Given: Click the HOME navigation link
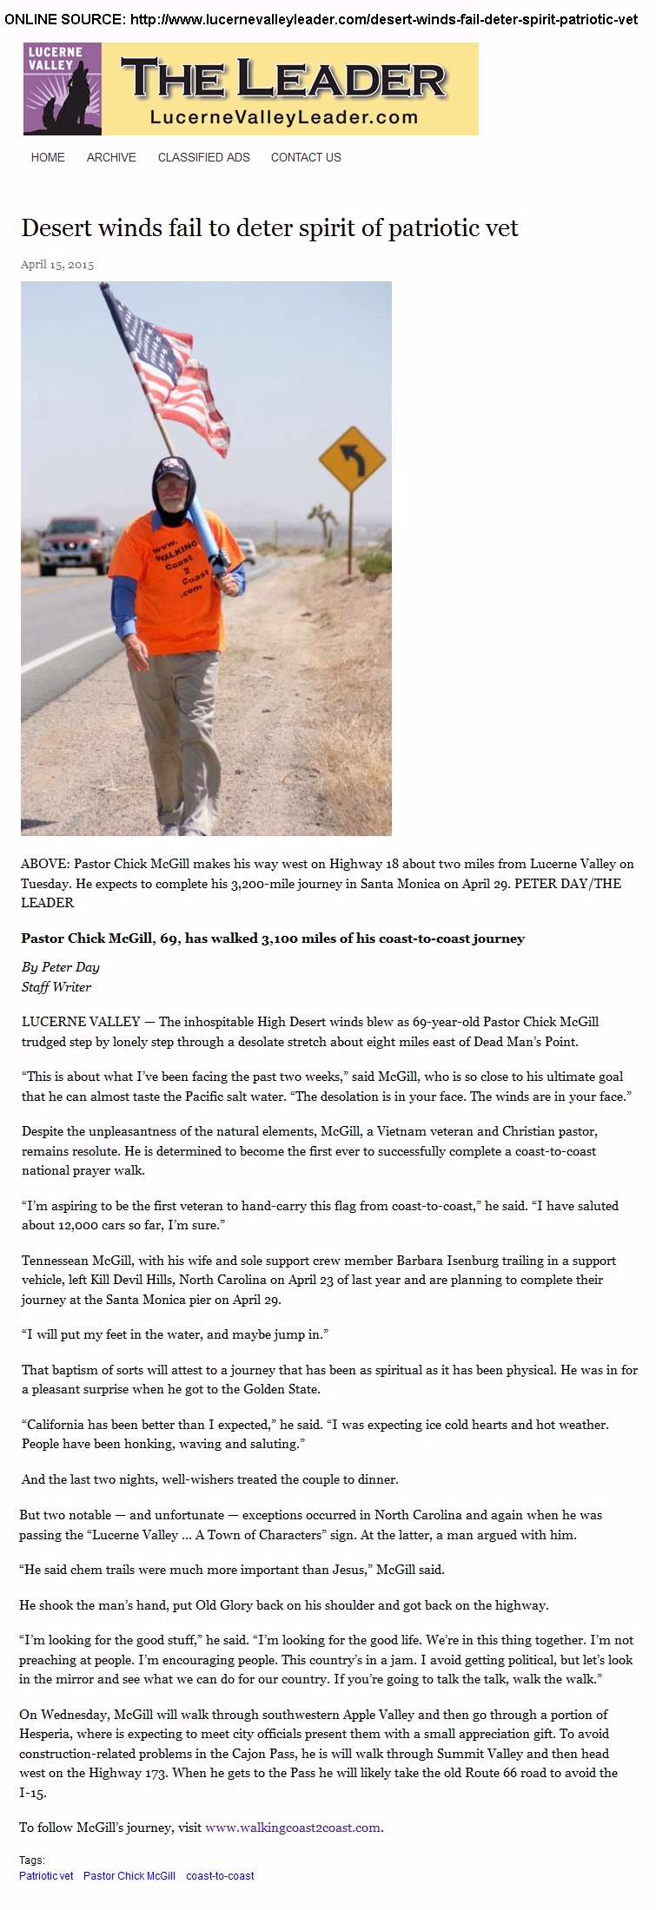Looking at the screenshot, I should pos(48,157).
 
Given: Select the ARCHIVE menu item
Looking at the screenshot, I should pos(111,157).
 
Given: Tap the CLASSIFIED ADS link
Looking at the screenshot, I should pos(203,157).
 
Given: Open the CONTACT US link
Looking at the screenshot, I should pos(306,157).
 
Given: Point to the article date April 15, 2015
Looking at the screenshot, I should pos(57,265).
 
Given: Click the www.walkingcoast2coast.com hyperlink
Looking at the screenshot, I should pos(293,1828).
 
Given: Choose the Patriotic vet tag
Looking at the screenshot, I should pos(46,1875).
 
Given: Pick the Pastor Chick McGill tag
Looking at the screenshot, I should pos(129,1875).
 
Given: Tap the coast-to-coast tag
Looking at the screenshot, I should pos(220,1875).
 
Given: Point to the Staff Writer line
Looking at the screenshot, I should pos(56,986).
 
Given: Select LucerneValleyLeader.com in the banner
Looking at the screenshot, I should pos(284,116).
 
